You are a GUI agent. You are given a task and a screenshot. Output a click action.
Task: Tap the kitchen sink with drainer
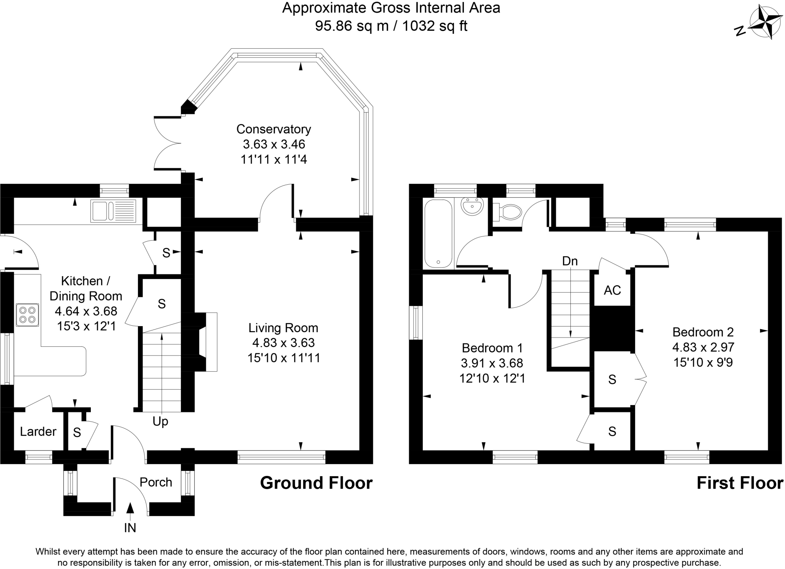point(113,211)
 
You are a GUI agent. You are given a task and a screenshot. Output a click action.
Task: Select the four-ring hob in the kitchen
point(27,315)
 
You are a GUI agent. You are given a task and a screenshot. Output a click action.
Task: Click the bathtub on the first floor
point(438,233)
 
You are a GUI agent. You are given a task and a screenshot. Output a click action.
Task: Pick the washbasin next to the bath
point(472,207)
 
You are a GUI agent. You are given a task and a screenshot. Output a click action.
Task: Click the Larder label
point(38,431)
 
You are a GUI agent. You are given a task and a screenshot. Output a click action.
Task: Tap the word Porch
point(156,482)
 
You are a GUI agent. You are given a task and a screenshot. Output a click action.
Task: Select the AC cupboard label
point(612,290)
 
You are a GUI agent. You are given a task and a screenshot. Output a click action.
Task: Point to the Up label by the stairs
point(160,421)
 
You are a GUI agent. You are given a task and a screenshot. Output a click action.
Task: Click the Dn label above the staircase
point(570,261)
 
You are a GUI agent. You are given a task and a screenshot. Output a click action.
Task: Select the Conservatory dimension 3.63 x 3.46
point(274,144)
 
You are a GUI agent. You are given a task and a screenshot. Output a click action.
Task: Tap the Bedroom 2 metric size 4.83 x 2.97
point(703,347)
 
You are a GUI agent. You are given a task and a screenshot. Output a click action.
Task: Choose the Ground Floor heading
point(316,483)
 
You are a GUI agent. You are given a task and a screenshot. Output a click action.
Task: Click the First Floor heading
point(739,483)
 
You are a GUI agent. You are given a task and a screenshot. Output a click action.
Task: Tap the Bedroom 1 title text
point(492,348)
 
